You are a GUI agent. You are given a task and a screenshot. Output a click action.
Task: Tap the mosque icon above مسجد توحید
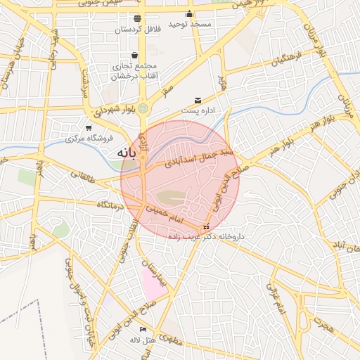[x=189, y=14]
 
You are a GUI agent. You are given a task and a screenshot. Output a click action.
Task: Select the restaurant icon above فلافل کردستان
[x=136, y=18]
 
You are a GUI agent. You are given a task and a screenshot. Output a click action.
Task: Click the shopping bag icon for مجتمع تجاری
[x=134, y=56]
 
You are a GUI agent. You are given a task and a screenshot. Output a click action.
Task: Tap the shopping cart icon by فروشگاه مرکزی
[x=89, y=128]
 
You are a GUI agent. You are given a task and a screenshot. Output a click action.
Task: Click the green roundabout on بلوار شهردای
[x=143, y=108]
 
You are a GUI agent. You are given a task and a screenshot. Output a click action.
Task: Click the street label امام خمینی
[x=163, y=214]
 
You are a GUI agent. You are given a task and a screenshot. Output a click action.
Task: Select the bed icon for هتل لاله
[x=143, y=329]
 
